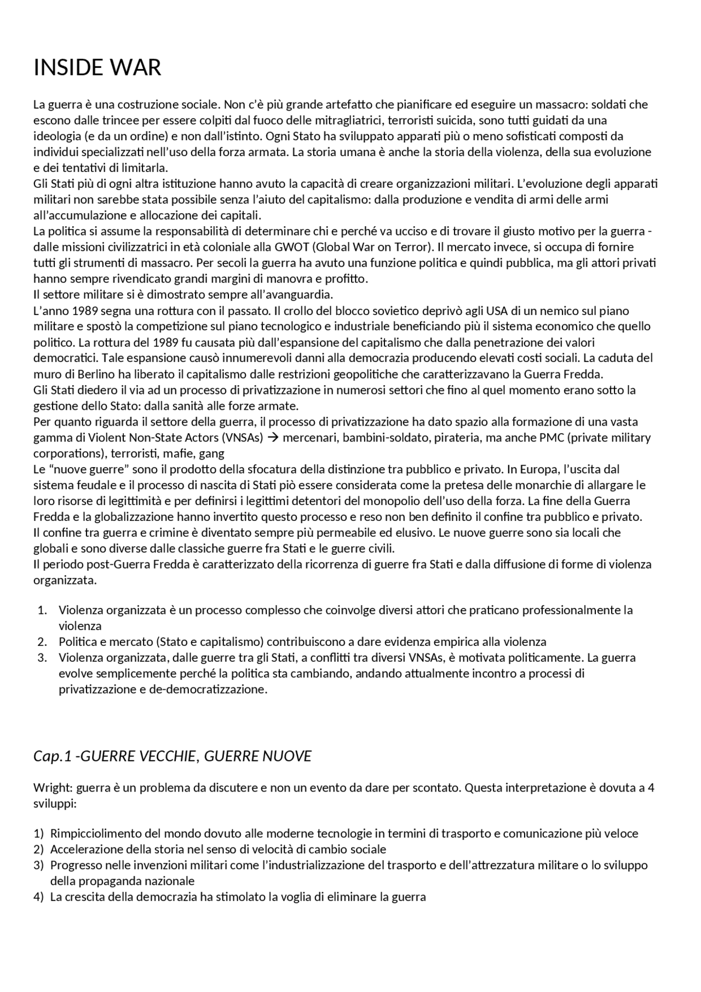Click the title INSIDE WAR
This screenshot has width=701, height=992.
(x=97, y=68)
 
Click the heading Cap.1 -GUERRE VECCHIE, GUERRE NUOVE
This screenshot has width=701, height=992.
(x=172, y=756)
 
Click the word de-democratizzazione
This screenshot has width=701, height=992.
(x=208, y=689)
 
